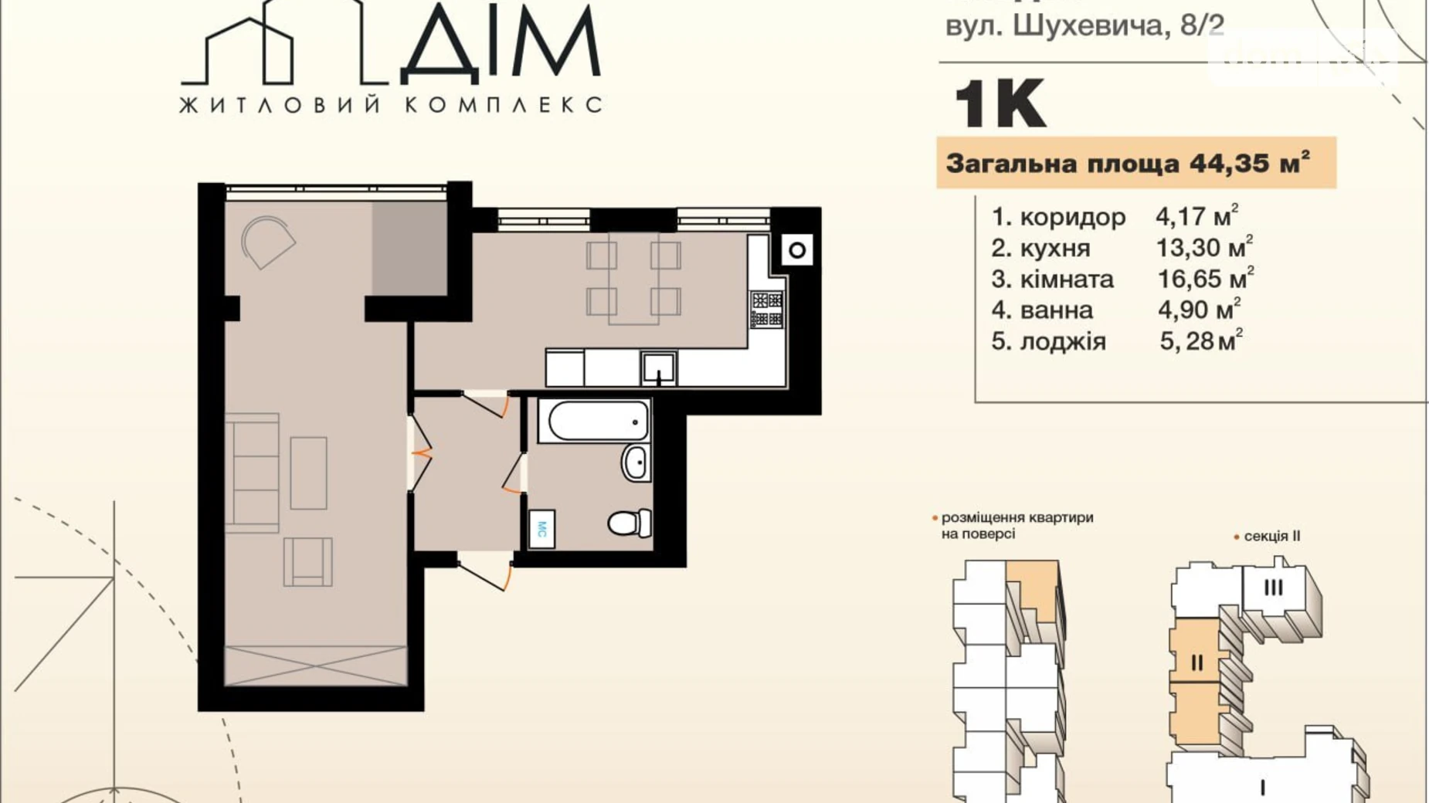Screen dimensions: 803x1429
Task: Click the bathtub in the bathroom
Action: click(593, 421)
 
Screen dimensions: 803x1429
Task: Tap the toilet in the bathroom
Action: click(630, 523)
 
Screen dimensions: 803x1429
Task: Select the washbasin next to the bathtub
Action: click(636, 463)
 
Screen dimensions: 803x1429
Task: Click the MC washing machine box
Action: click(541, 529)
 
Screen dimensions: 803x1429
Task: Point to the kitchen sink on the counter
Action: click(659, 368)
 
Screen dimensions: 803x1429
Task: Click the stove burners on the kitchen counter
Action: click(767, 309)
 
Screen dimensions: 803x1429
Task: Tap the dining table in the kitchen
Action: click(633, 278)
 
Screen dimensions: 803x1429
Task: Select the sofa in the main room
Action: click(253, 473)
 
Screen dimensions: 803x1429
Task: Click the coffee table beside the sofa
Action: click(308, 473)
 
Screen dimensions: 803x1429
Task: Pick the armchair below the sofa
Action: click(308, 561)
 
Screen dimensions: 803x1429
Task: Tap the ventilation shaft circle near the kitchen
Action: click(797, 249)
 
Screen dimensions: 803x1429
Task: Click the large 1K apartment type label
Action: click(1000, 105)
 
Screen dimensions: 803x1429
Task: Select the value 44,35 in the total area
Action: click(1228, 164)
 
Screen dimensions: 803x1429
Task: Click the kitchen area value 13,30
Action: click(1188, 249)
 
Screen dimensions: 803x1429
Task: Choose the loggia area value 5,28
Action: click(1186, 341)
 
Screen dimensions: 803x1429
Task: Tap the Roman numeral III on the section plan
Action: click(1273, 588)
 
